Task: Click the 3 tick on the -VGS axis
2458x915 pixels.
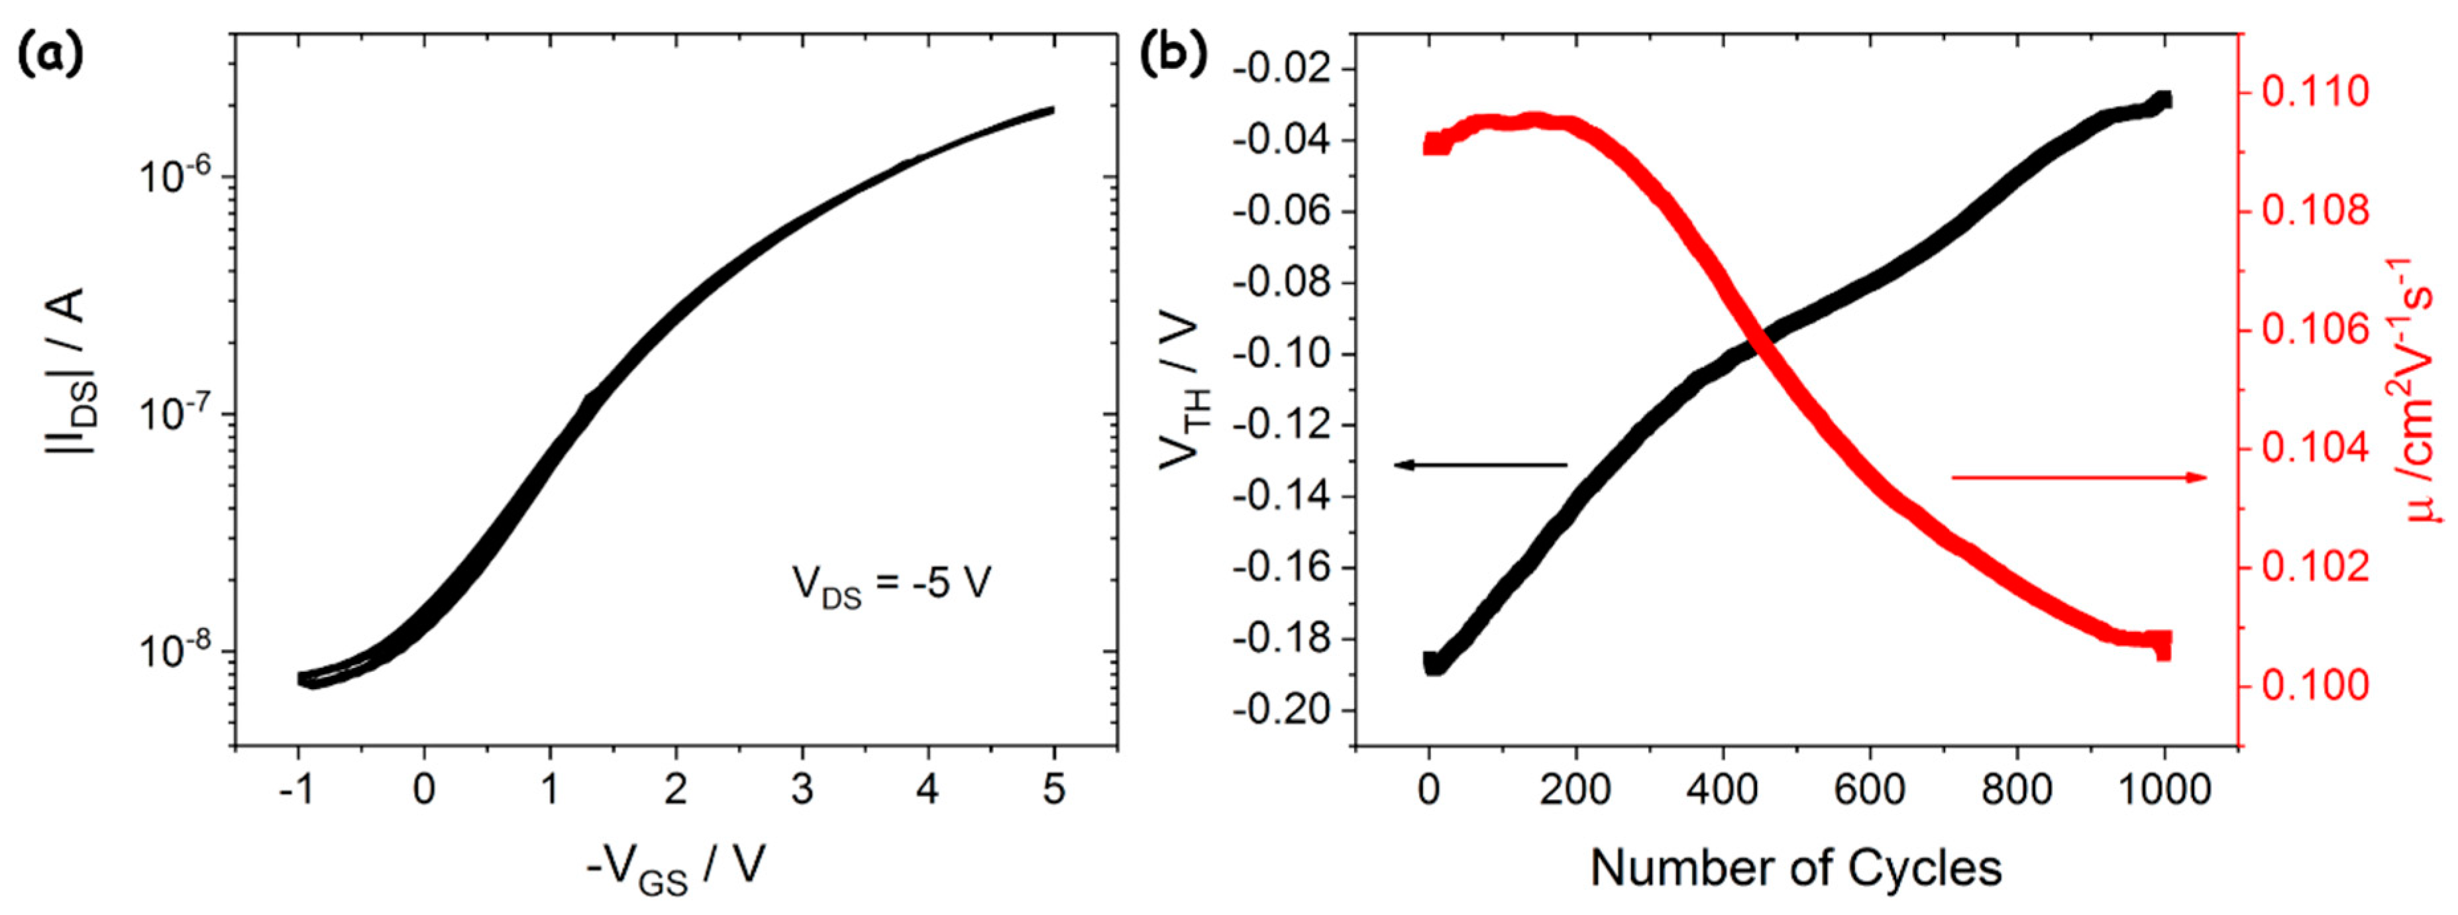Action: coord(802,790)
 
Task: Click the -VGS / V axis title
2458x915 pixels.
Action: coord(676,868)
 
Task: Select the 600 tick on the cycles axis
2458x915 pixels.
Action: coord(1870,790)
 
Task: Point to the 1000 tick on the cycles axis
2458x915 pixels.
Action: coord(2163,790)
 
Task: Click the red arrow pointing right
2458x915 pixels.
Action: coord(2080,477)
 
